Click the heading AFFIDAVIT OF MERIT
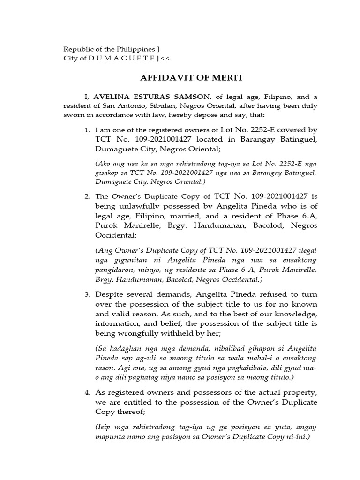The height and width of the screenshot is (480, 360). pyautogui.click(x=180, y=77)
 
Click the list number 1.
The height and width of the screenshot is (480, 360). pyautogui.click(x=87, y=130)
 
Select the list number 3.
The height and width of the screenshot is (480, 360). pyautogui.click(x=87, y=294)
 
